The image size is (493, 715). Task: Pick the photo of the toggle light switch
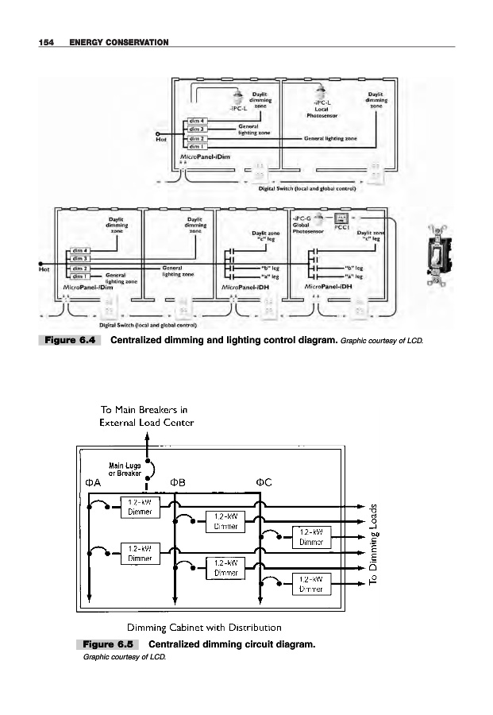(437, 255)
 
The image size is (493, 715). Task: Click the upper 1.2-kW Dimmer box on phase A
(140, 507)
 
